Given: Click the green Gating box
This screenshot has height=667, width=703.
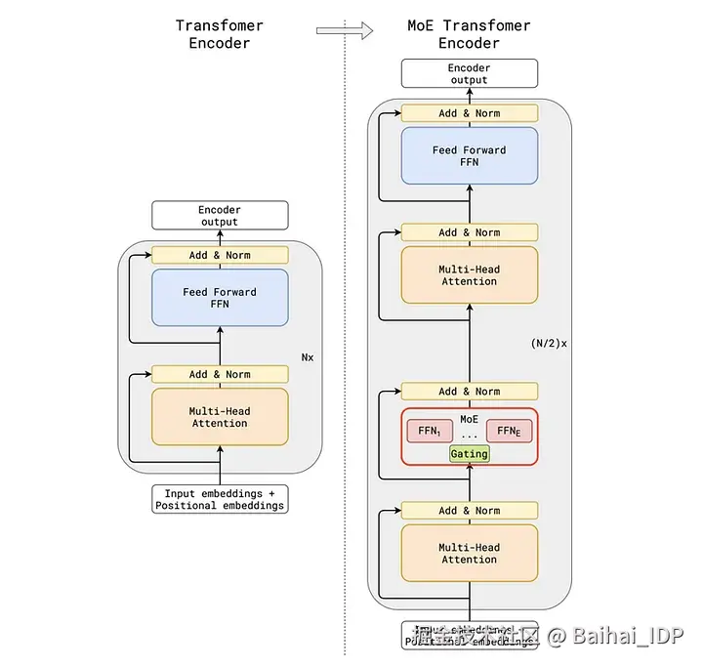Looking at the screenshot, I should coord(469,454).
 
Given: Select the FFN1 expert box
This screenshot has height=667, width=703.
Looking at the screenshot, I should coord(429,432).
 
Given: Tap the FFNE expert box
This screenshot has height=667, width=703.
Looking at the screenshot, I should coord(510,432).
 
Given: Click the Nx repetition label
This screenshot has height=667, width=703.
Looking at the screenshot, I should coord(308,357).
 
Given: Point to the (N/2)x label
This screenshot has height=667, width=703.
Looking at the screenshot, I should coord(549,344).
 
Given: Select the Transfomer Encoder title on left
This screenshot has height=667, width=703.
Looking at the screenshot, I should coord(220,34).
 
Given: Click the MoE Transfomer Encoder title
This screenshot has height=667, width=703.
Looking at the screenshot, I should coord(469,34).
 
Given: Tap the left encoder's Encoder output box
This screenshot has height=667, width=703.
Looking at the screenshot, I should coord(220,216).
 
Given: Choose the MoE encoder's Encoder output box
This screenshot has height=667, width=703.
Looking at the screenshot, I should coord(469,73).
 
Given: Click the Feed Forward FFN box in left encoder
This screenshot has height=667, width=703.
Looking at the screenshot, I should coord(220,298).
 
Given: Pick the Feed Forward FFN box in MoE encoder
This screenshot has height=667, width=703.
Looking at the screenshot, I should coord(469,156).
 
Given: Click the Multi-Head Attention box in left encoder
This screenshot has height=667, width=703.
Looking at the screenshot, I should coord(220,417).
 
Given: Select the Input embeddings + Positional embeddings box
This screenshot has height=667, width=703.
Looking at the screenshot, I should coord(220,499).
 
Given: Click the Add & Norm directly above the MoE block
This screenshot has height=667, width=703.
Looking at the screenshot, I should coord(469,392).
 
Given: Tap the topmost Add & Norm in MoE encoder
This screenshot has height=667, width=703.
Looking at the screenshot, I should coord(469,113).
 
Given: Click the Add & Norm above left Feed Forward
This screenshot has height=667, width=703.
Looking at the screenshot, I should coord(220,255).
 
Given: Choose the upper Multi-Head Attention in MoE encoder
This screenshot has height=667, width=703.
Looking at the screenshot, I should coord(469,275).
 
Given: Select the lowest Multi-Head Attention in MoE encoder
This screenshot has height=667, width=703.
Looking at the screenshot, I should coord(469,554).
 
